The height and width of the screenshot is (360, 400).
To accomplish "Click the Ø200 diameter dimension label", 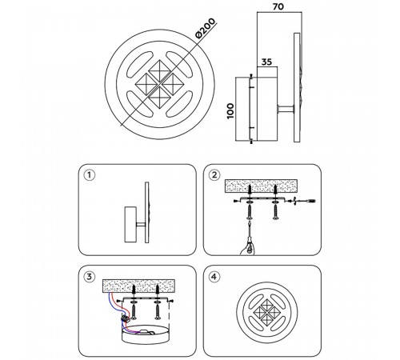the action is (x=205, y=29).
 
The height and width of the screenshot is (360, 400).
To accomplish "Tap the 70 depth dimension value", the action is (x=278, y=6).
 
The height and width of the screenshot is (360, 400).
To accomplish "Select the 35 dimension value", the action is (x=266, y=62).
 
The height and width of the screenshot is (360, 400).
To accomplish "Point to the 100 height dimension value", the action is (x=230, y=111).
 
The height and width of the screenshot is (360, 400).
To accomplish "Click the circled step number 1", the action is (x=89, y=175).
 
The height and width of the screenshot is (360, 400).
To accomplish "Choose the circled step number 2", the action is (x=214, y=175).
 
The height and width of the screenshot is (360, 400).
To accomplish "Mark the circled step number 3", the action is (x=89, y=277).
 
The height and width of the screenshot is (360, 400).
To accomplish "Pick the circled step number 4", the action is (x=214, y=277).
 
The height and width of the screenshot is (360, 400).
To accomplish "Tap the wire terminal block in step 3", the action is (x=125, y=318).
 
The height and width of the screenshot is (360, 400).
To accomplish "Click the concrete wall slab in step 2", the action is (x=261, y=186).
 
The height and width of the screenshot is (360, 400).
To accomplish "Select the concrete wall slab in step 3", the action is (x=138, y=286).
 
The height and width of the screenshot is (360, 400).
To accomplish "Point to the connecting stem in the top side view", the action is (x=286, y=109).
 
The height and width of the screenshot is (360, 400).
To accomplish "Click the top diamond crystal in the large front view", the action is (x=159, y=70).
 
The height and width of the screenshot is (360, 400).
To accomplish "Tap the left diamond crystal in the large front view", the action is (x=146, y=84).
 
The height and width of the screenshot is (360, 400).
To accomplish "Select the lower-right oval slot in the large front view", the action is (x=179, y=104).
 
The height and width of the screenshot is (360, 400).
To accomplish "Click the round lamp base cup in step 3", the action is (x=146, y=334).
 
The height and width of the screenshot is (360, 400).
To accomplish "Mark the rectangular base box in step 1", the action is (x=130, y=224).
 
